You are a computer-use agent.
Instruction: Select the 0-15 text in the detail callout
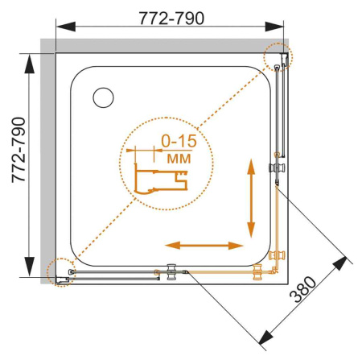point(179,143)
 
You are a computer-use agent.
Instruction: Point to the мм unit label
point(179,158)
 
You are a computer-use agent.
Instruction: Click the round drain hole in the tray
point(105,97)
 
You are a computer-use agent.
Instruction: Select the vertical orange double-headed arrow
point(252,194)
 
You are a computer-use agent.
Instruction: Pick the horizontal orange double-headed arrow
point(205,245)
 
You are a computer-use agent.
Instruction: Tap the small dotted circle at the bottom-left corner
point(61,272)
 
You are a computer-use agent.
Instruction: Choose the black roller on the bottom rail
point(171,271)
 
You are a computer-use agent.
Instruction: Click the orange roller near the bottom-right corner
point(259,271)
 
